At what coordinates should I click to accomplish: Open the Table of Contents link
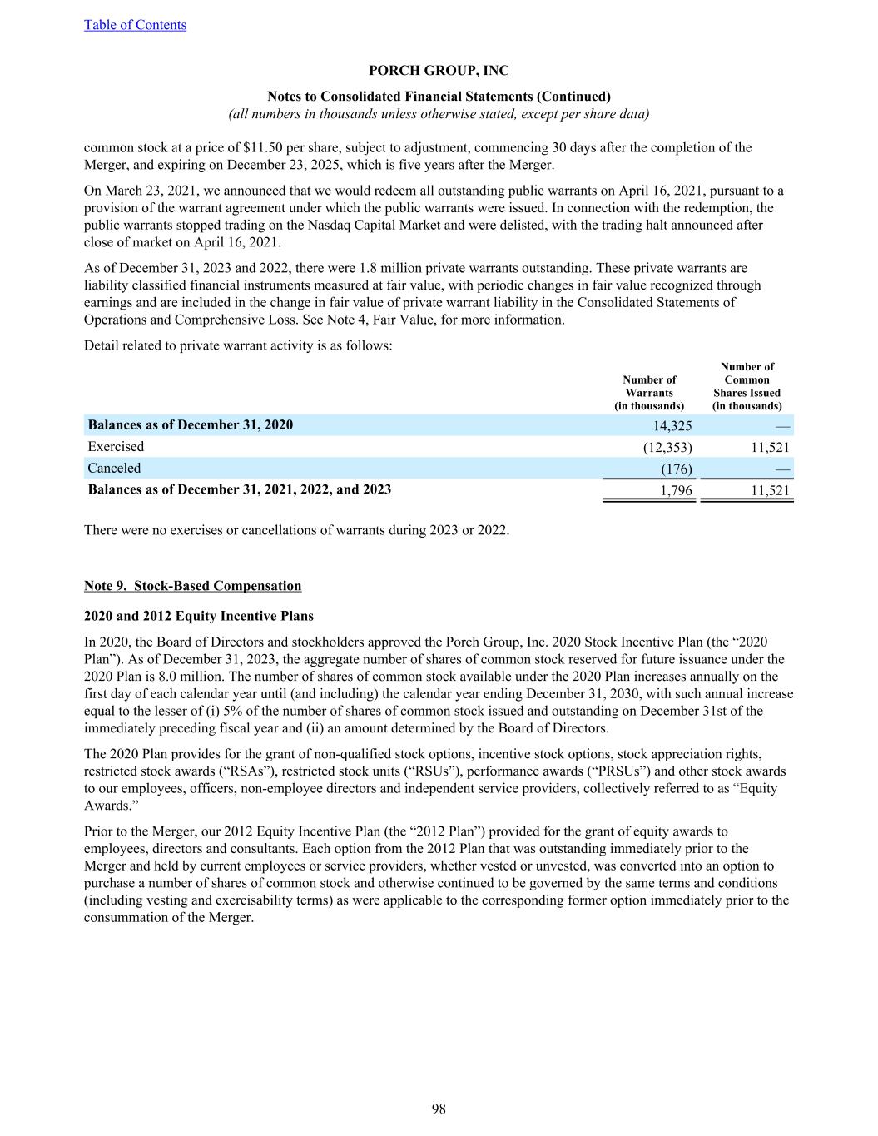[x=135, y=25]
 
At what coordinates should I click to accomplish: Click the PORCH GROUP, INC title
[x=439, y=72]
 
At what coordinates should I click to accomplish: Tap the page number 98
[x=439, y=1108]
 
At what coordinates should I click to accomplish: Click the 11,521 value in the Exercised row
[x=769, y=447]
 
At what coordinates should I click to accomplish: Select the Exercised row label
[x=116, y=447]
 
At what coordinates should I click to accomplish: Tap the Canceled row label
[x=114, y=469]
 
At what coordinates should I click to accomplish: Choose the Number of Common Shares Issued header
[x=747, y=386]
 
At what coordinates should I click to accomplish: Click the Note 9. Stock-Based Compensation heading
[x=192, y=586]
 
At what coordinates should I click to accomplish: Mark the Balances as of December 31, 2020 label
[x=191, y=425]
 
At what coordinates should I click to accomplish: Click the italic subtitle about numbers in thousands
[x=439, y=113]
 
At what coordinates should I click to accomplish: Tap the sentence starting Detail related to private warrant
[x=238, y=345]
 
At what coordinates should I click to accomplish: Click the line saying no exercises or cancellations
[x=296, y=529]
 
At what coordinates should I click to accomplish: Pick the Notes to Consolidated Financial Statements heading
[x=439, y=96]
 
